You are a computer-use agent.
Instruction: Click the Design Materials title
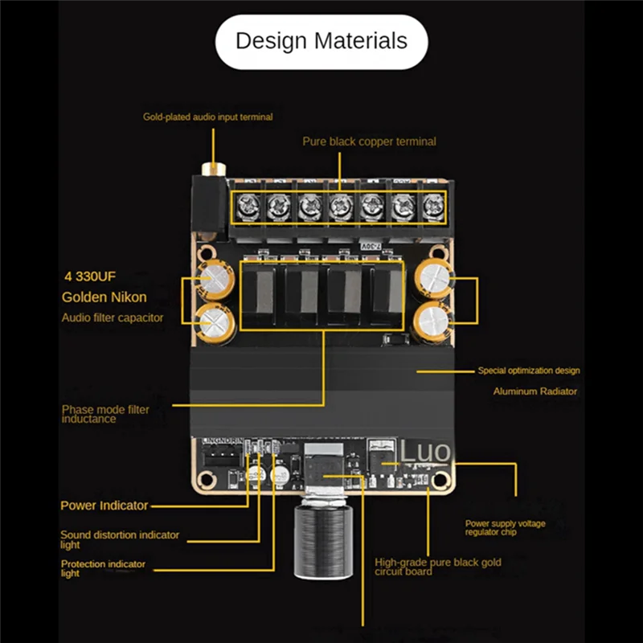point(321,41)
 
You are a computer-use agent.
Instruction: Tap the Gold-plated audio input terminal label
point(208,117)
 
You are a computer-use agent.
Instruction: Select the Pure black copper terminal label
point(369,141)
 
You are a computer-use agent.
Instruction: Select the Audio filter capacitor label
point(113,317)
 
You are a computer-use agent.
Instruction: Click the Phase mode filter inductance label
point(105,414)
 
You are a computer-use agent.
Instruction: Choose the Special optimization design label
point(528,371)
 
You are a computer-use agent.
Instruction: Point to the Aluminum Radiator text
point(534,391)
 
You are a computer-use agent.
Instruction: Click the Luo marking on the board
point(425,453)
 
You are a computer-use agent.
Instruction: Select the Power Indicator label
point(104,506)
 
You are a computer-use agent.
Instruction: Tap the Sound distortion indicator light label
point(120,539)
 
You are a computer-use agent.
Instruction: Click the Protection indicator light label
point(103,568)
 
